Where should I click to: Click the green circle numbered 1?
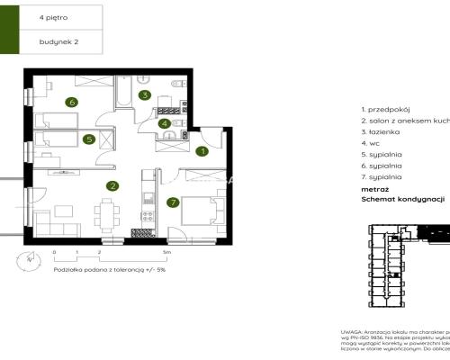pos(203,151)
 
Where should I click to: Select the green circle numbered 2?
pos(112,186)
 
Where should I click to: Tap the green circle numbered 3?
pos(144,94)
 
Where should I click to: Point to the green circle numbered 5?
pos(89,139)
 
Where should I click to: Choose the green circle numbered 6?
pos(71,102)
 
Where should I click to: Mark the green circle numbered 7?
pos(173,202)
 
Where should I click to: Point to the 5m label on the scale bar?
pos(181,254)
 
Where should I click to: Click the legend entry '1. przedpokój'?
pos(384,107)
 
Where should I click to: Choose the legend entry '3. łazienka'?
pos(381,130)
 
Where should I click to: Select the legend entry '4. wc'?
pos(370,142)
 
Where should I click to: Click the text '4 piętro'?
pos(52,15)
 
